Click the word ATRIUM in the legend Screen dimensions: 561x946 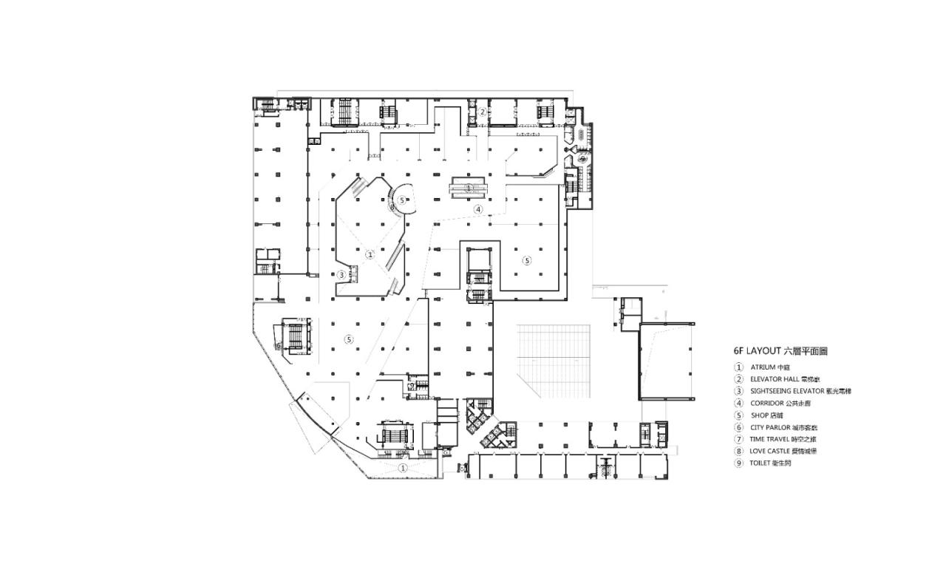(x=763, y=367)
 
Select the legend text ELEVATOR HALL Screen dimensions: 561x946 (x=773, y=378)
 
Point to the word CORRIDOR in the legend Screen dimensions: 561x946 (x=768, y=403)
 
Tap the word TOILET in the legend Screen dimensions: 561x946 (x=761, y=463)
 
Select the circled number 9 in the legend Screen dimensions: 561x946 (x=738, y=463)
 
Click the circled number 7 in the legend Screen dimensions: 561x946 (x=738, y=439)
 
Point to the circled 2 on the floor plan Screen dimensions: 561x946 (x=482, y=112)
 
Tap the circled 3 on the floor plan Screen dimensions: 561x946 (x=341, y=274)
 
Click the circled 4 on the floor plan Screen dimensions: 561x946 (x=478, y=209)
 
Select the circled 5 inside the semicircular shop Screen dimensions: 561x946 (x=401, y=200)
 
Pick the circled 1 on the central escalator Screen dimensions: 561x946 (x=469, y=188)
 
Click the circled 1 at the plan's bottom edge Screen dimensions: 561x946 (x=403, y=468)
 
